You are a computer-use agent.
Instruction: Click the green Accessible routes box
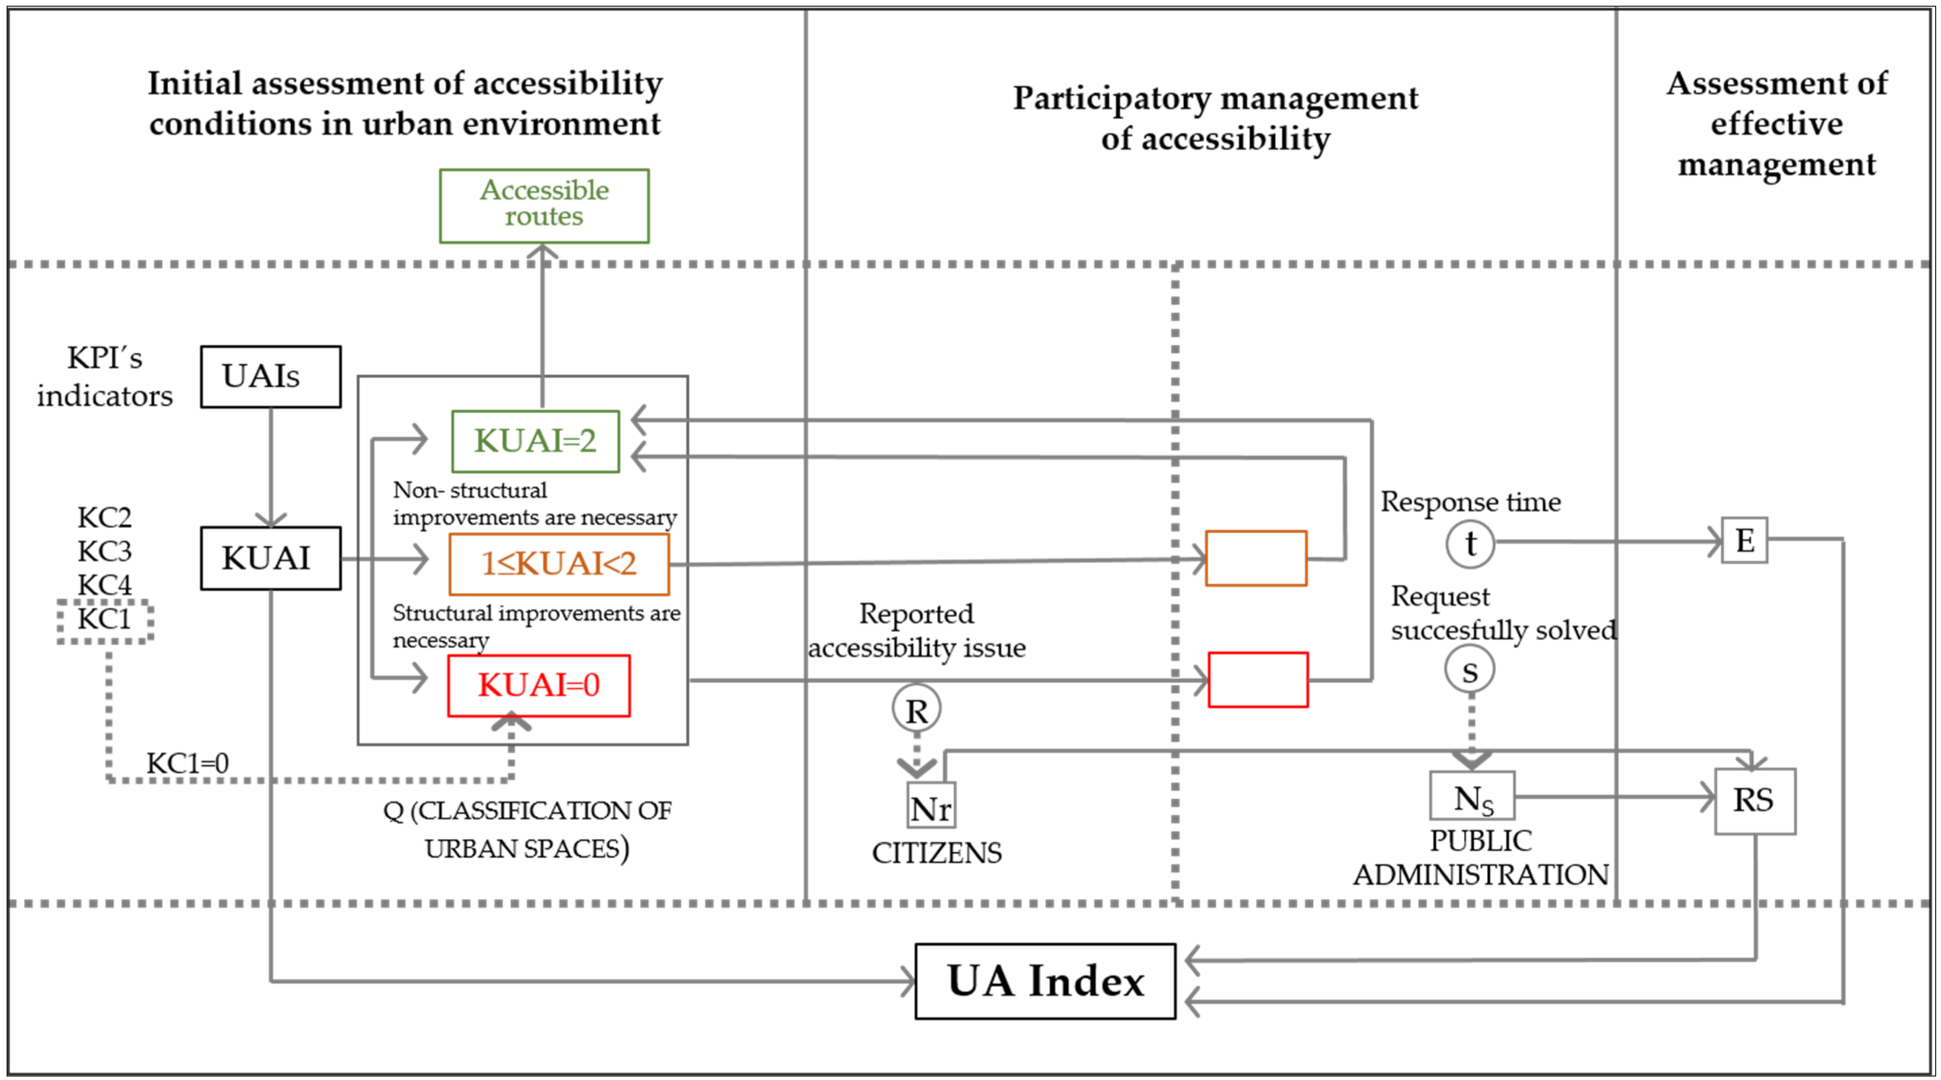point(544,206)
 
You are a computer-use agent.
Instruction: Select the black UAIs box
point(270,377)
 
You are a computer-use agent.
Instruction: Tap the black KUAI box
point(270,558)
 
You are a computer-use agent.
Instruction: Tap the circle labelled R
point(916,709)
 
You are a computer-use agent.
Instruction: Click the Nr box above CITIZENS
point(931,805)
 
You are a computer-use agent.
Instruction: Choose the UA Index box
point(1045,981)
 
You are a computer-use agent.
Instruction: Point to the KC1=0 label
point(188,763)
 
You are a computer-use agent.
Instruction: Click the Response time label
point(1470,502)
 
